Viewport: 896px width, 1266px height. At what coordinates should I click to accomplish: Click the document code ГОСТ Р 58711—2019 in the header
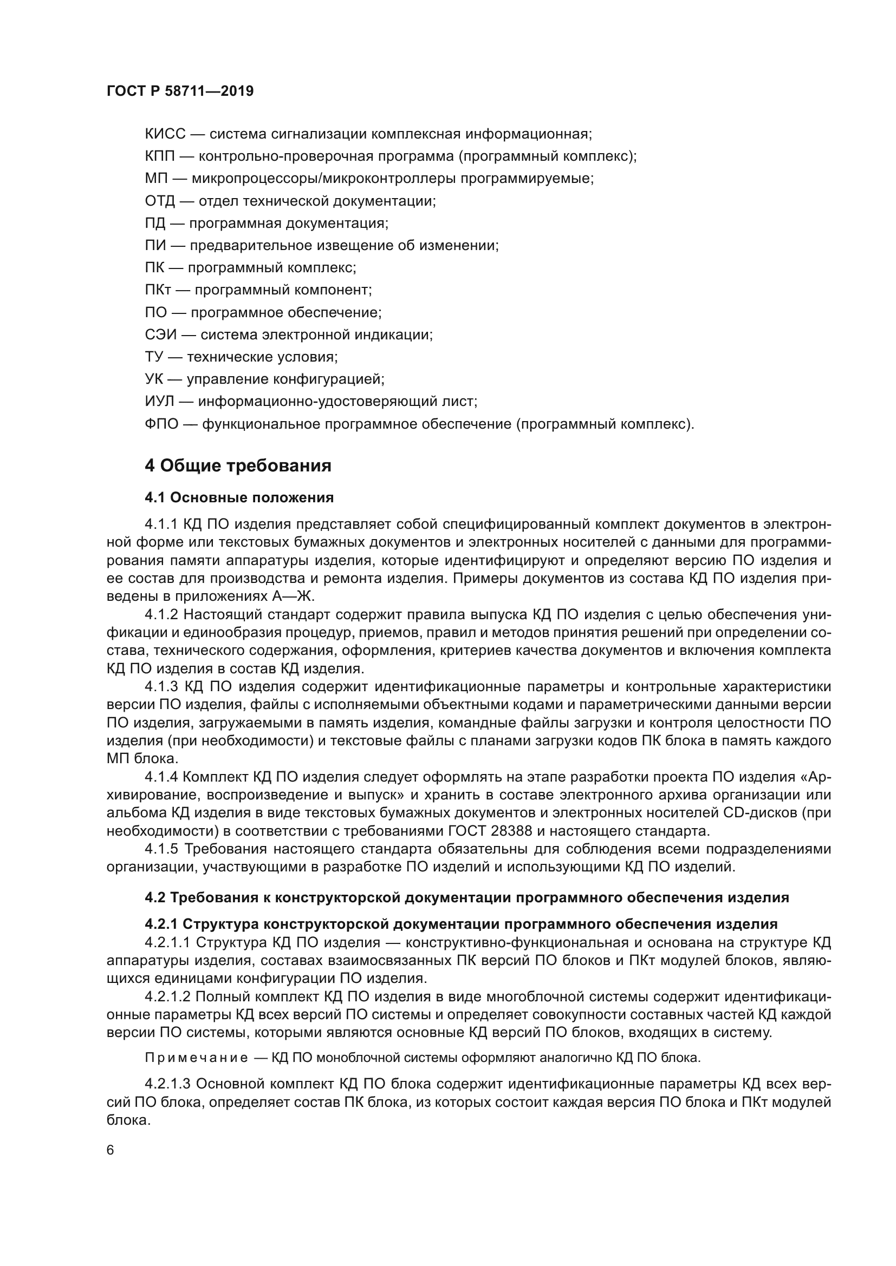(180, 91)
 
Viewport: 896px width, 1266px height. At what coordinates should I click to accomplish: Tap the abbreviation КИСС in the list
(165, 134)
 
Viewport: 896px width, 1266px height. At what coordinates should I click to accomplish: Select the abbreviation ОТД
(159, 201)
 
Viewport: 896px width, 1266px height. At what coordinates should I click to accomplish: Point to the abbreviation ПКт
(158, 290)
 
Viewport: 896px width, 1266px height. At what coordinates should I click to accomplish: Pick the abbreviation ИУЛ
(160, 402)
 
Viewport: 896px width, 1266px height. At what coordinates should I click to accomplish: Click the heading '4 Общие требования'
(238, 466)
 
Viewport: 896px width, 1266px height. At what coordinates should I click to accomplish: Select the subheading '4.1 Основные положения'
(239, 497)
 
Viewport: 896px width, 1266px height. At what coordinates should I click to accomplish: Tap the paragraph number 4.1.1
(161, 524)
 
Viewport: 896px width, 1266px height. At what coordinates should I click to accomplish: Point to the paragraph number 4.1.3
(161, 686)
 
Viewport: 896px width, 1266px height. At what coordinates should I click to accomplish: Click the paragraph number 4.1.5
(161, 849)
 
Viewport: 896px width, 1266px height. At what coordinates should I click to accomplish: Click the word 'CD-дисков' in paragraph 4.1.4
(760, 813)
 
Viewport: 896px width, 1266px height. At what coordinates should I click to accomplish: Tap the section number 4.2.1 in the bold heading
(160, 924)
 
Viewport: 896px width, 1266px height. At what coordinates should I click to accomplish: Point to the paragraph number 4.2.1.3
(167, 1084)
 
